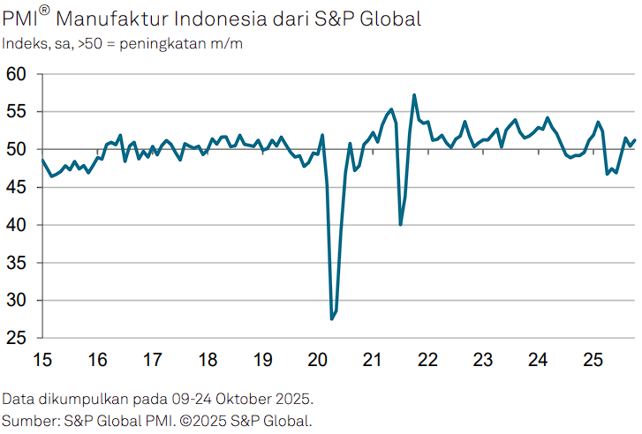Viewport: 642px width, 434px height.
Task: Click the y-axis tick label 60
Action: click(18, 74)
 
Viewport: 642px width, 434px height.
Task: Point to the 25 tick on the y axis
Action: click(18, 339)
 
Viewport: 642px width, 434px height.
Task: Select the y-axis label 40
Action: click(18, 225)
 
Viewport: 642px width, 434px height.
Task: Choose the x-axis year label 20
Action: click(318, 360)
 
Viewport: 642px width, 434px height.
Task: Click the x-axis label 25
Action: click(593, 360)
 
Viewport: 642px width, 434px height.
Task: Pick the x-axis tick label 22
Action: click(428, 360)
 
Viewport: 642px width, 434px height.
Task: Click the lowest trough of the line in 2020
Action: click(332, 318)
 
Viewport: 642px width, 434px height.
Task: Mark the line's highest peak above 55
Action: click(414, 95)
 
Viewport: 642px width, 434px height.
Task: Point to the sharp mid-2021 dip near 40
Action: click(401, 224)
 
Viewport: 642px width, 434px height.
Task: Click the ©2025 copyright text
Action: click(203, 420)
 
